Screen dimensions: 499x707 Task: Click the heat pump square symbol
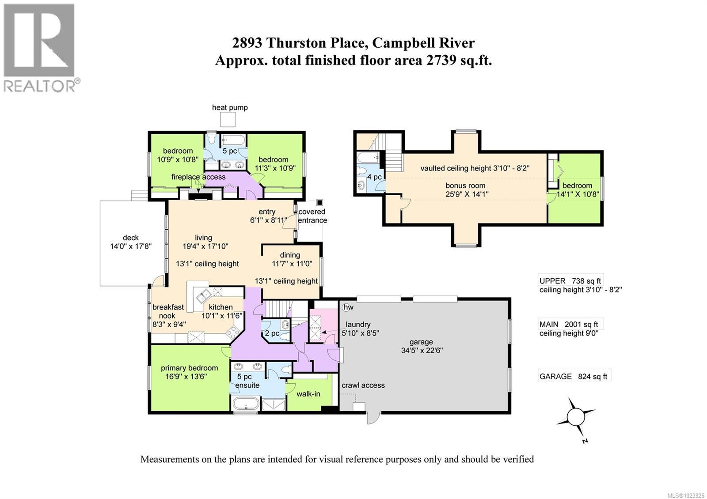pos(228,119)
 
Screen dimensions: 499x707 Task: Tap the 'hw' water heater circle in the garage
pos(348,307)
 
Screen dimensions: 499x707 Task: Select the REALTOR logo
pos(40,48)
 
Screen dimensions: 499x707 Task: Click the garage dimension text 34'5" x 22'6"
pos(421,350)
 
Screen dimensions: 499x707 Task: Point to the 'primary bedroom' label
pos(189,368)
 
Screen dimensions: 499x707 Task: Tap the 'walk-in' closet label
pos(308,393)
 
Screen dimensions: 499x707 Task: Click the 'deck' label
pos(131,238)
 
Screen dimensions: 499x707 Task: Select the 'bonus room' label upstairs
pos(465,185)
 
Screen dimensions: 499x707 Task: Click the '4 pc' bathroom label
pos(374,177)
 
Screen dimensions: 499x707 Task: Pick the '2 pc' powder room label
pos(272,333)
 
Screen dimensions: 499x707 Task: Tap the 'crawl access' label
pos(363,385)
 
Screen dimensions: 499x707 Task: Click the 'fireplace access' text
pos(198,177)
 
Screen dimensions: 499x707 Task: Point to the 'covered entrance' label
pos(312,216)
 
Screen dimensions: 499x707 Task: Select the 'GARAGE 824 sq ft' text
pos(573,376)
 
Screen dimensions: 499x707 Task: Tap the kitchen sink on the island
pos(204,294)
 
